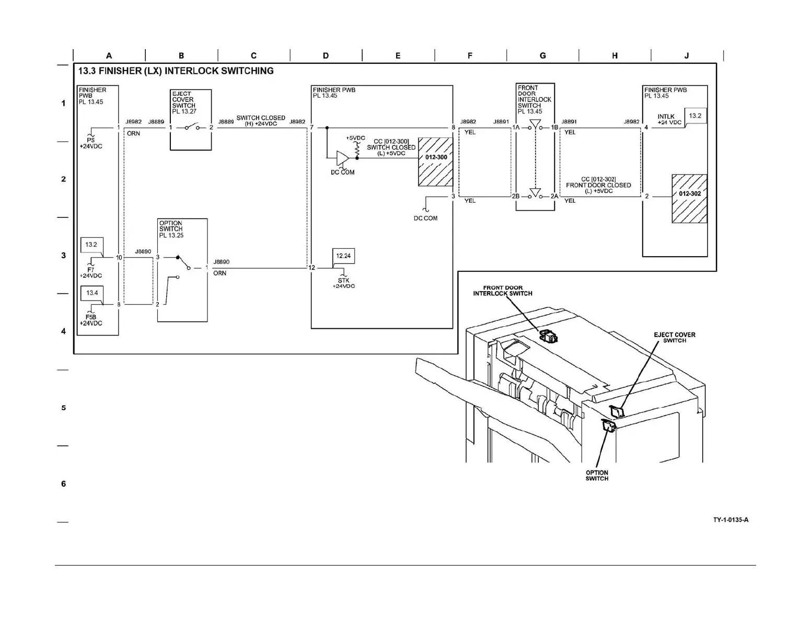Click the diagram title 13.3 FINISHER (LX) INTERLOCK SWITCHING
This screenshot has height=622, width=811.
tap(176, 71)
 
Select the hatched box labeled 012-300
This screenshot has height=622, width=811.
tap(435, 162)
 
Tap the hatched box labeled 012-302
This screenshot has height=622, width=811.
tap(689, 198)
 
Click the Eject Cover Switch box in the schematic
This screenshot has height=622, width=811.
tap(191, 120)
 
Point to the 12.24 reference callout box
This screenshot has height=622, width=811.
tap(343, 256)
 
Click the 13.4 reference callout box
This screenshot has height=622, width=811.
tap(92, 293)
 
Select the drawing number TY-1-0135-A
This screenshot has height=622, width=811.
tap(731, 520)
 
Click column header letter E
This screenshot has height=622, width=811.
tap(398, 55)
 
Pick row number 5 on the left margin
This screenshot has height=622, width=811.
tap(64, 408)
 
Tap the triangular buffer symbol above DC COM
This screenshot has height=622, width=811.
tap(342, 157)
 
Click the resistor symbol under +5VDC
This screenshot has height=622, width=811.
tap(357, 148)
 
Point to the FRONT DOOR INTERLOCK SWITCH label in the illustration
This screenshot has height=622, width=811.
tap(503, 291)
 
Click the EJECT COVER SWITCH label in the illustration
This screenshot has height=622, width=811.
tap(674, 338)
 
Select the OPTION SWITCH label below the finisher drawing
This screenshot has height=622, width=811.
tap(597, 476)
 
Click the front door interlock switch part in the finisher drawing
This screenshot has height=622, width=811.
tap(548, 336)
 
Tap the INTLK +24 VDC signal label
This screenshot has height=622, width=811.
tap(669, 120)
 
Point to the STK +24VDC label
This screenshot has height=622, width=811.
tap(343, 283)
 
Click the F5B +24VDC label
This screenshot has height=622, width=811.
tap(91, 320)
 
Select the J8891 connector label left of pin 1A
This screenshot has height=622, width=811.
tap(501, 122)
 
